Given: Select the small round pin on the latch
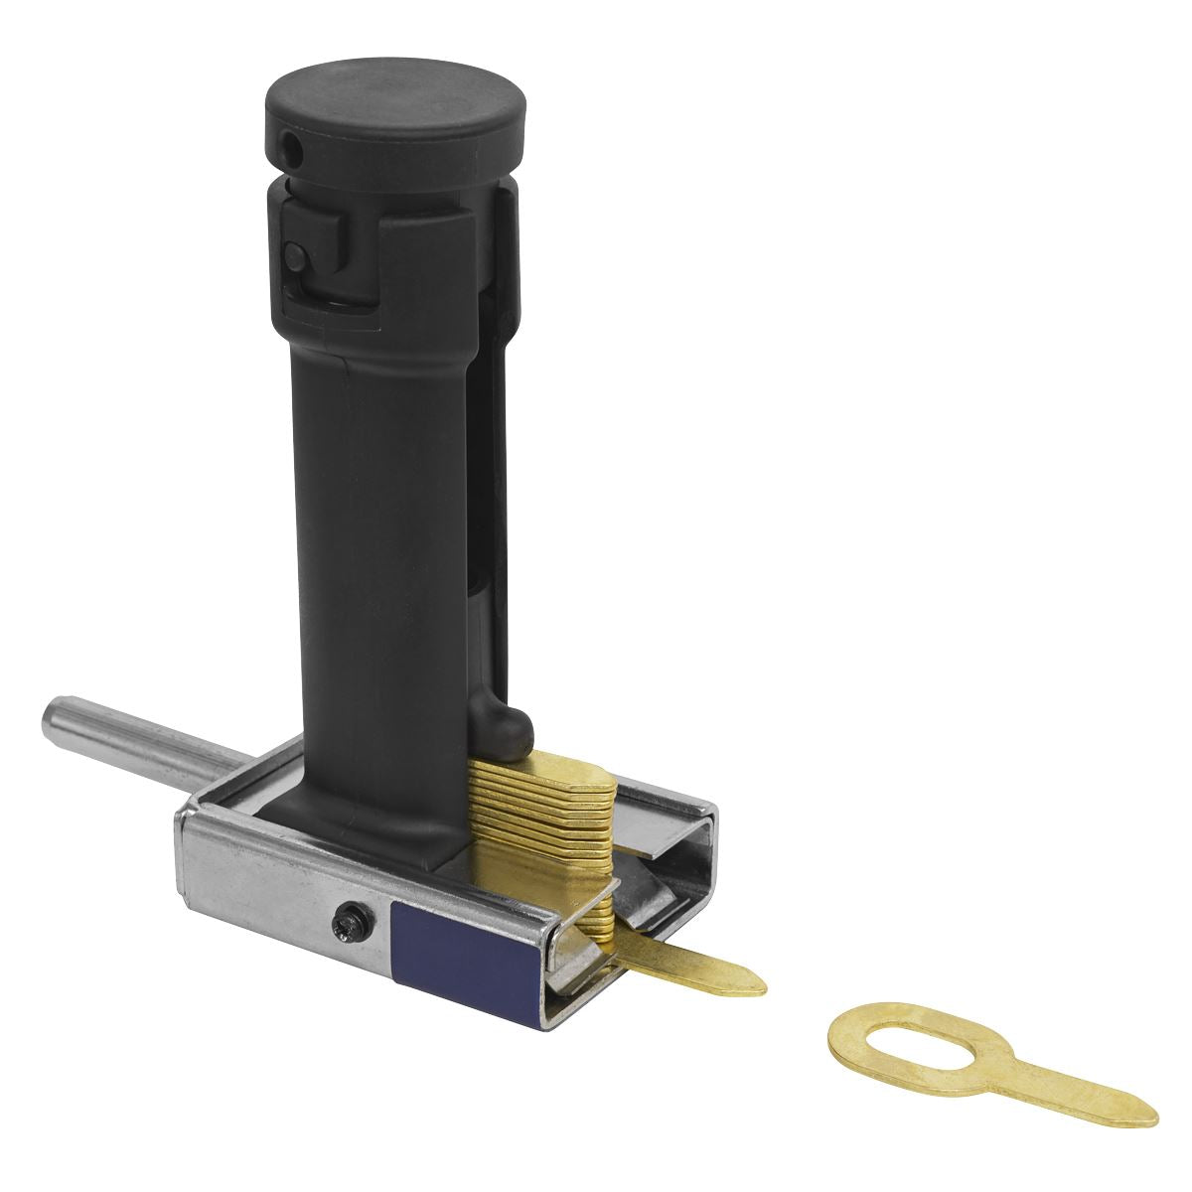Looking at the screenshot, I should click(x=296, y=255).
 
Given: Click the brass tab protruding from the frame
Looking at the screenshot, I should click(x=695, y=965).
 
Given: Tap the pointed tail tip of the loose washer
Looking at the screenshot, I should click(x=1152, y=1117).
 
